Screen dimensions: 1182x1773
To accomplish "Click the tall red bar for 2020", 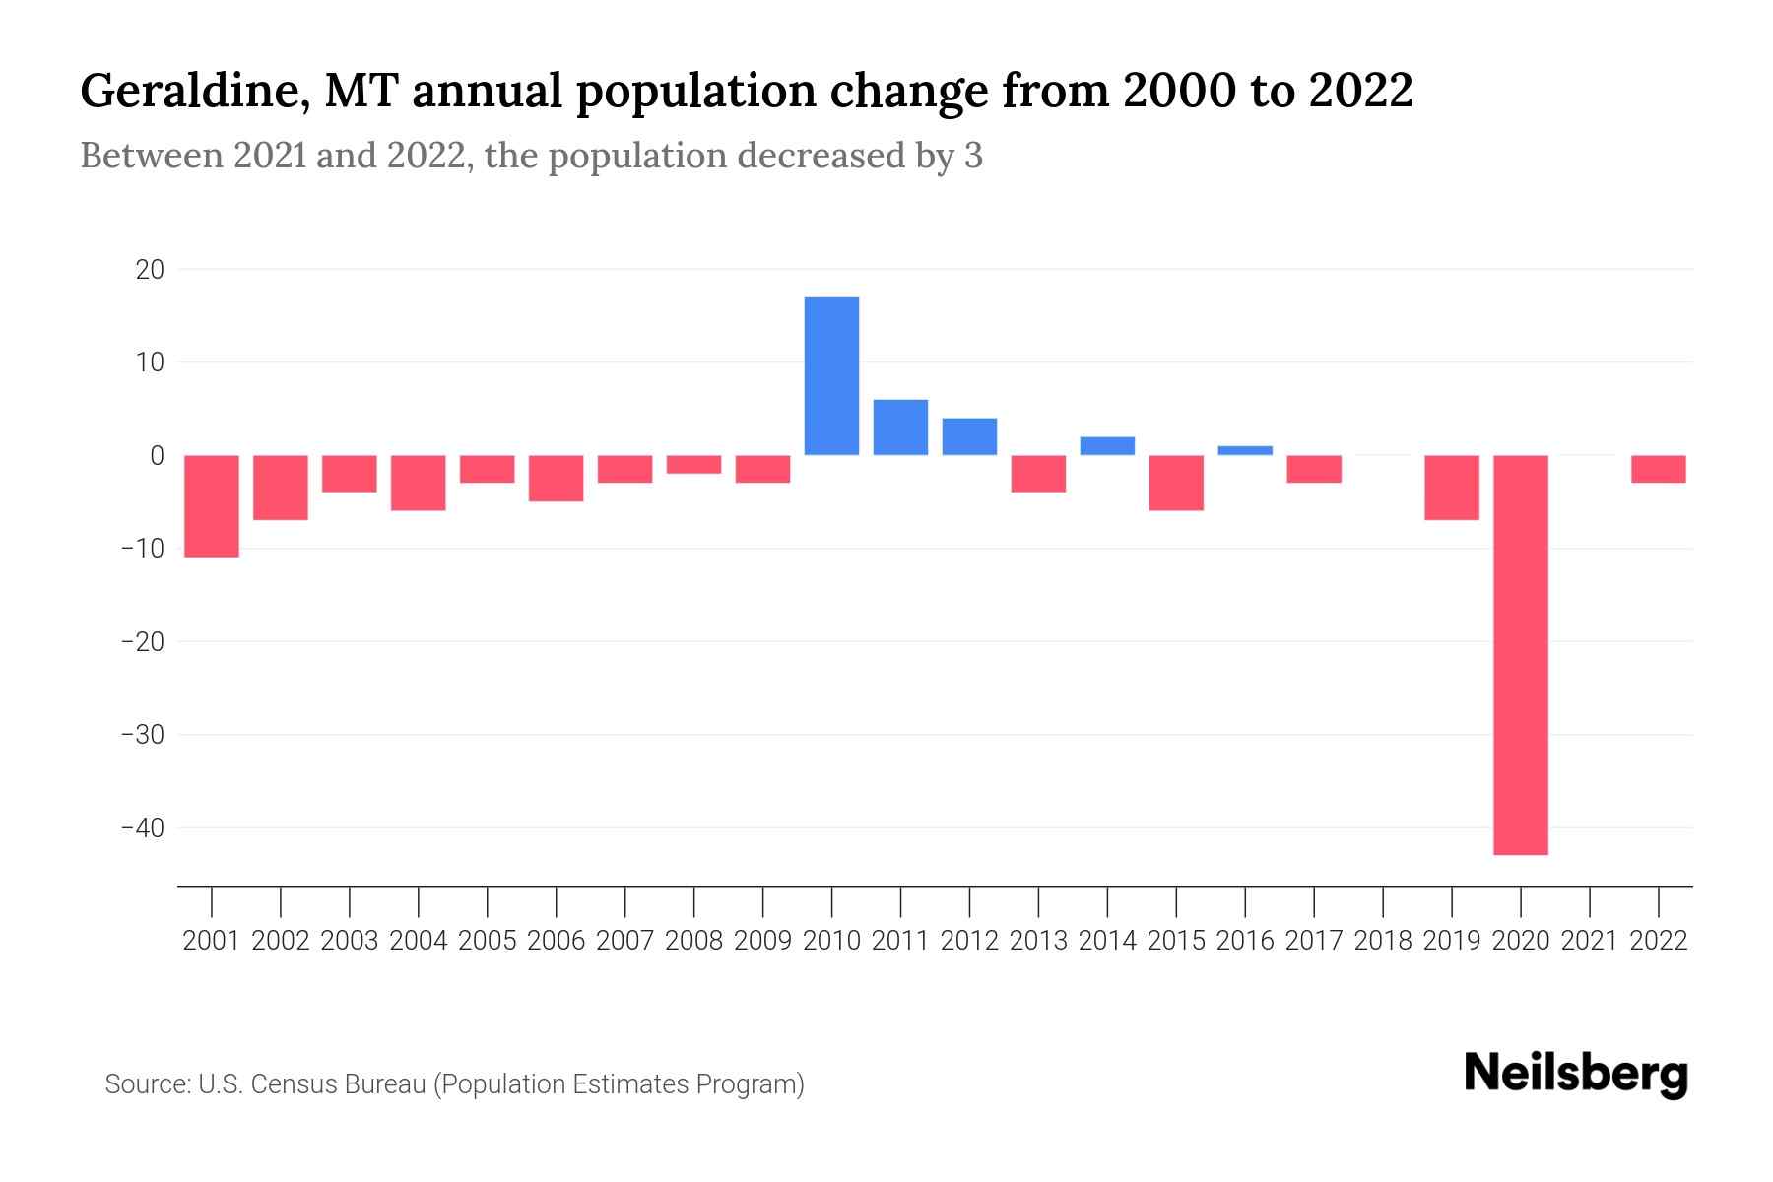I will (x=1521, y=654).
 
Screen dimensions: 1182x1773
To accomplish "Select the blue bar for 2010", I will (x=831, y=375).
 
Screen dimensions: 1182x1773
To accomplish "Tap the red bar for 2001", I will (x=212, y=505).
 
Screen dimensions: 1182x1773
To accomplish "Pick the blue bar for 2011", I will (x=900, y=427).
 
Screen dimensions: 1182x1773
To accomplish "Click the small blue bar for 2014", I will (x=1107, y=445).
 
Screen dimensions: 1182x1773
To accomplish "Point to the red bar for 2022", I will (x=1659, y=469).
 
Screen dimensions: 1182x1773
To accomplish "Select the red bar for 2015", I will (x=1176, y=483).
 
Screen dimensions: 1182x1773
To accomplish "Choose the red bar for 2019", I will (x=1452, y=487).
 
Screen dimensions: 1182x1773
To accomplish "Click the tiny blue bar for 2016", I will (x=1245, y=450).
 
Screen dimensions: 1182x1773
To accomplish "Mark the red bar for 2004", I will (x=419, y=483).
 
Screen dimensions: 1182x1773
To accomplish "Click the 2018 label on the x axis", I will (x=1383, y=941).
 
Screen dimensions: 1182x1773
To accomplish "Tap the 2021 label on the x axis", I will (x=1590, y=941).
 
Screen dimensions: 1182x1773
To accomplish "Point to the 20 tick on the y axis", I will (x=151, y=269).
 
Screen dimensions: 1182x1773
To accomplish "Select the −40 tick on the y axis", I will (x=143, y=827).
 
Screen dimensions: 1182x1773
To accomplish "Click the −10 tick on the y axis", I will (x=143, y=549).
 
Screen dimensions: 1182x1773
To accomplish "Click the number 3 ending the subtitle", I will (x=973, y=157).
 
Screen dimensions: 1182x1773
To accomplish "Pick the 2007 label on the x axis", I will (x=624, y=941).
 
